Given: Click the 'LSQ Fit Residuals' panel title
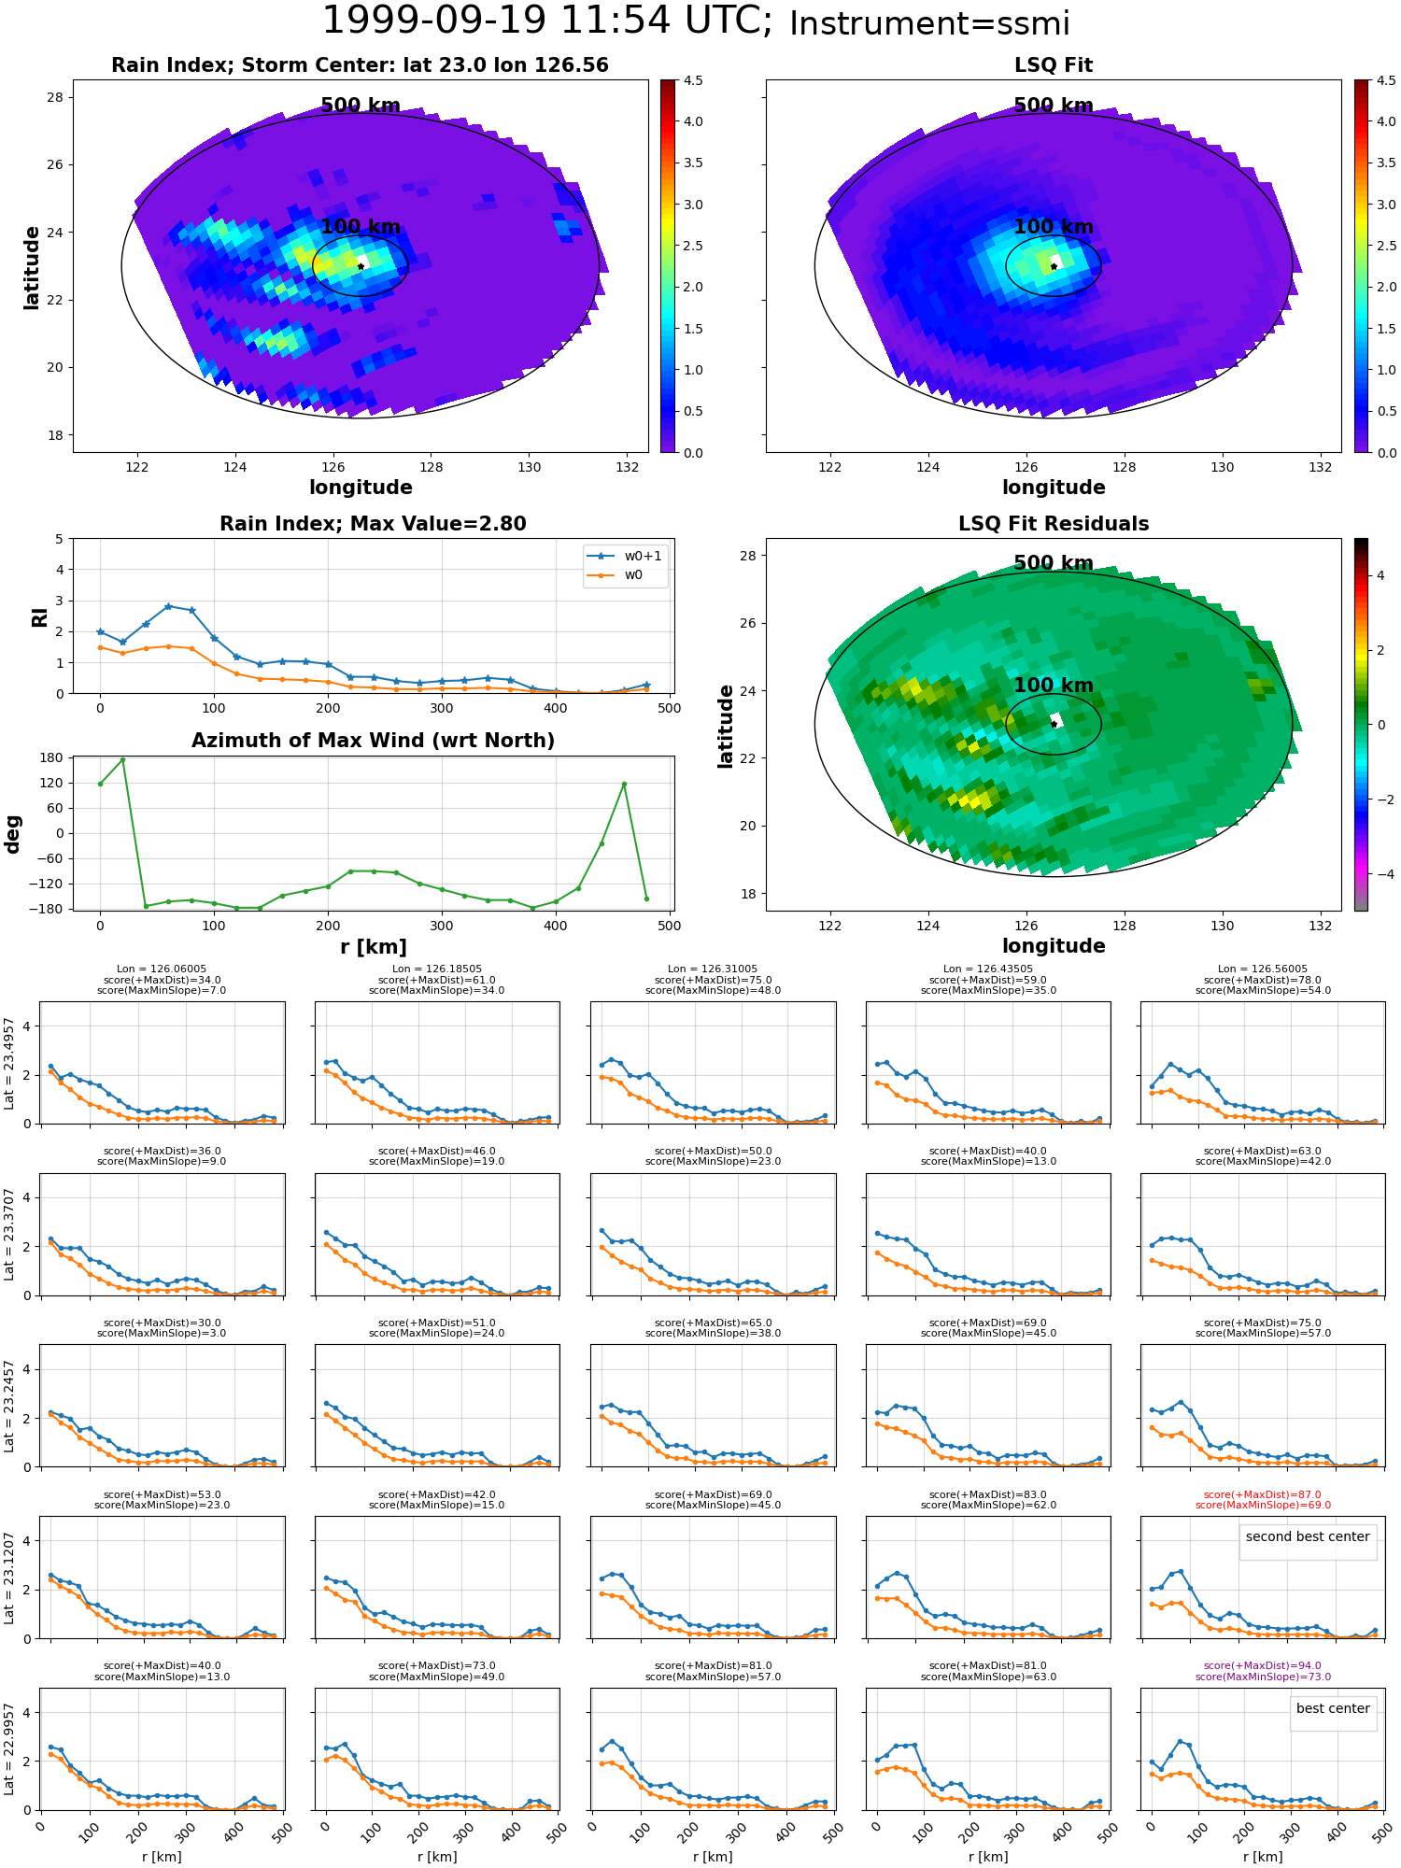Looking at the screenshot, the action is click(x=1054, y=524).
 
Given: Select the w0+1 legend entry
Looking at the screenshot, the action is click(x=625, y=556).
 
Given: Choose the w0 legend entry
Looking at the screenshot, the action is click(x=616, y=575).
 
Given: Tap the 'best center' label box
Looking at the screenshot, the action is click(x=1333, y=1708).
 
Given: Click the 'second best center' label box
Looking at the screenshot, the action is click(x=1308, y=1537).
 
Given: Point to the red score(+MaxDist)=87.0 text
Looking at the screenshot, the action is click(x=1263, y=1494).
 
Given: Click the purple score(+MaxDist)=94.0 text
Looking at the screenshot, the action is click(x=1263, y=1665).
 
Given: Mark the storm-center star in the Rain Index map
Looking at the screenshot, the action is click(x=361, y=266).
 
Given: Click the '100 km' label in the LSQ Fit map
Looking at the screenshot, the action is click(x=1054, y=227).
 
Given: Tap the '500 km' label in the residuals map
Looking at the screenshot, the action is click(x=1054, y=563).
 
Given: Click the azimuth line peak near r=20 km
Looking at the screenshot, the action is click(x=122, y=759).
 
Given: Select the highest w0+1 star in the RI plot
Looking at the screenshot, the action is click(x=168, y=606).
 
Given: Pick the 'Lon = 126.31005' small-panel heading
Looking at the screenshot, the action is click(x=713, y=969).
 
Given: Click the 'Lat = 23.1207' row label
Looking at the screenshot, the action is click(x=9, y=1578).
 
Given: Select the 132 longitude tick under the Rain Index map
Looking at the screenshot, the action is click(x=628, y=467).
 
